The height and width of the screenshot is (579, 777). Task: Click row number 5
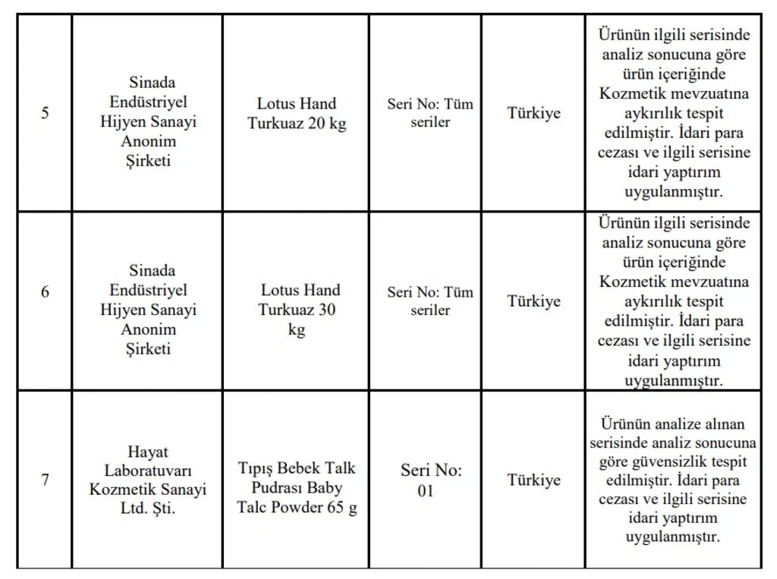point(45,113)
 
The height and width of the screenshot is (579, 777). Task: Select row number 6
point(45,291)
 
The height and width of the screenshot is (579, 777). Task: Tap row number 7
point(45,480)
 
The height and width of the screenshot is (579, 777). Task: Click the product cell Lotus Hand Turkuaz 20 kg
point(296,113)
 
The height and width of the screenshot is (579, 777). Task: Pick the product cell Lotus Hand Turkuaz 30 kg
point(296,310)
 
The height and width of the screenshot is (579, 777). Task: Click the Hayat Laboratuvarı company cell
point(148,480)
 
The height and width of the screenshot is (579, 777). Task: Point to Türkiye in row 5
point(533,113)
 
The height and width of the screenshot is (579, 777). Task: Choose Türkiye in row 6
point(533,301)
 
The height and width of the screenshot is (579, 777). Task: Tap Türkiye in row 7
point(533,480)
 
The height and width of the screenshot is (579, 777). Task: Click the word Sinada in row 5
point(152,82)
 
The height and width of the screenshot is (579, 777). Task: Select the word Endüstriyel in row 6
point(148,290)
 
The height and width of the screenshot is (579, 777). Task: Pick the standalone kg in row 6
point(297,330)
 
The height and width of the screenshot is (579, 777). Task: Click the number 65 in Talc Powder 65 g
point(336,508)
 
